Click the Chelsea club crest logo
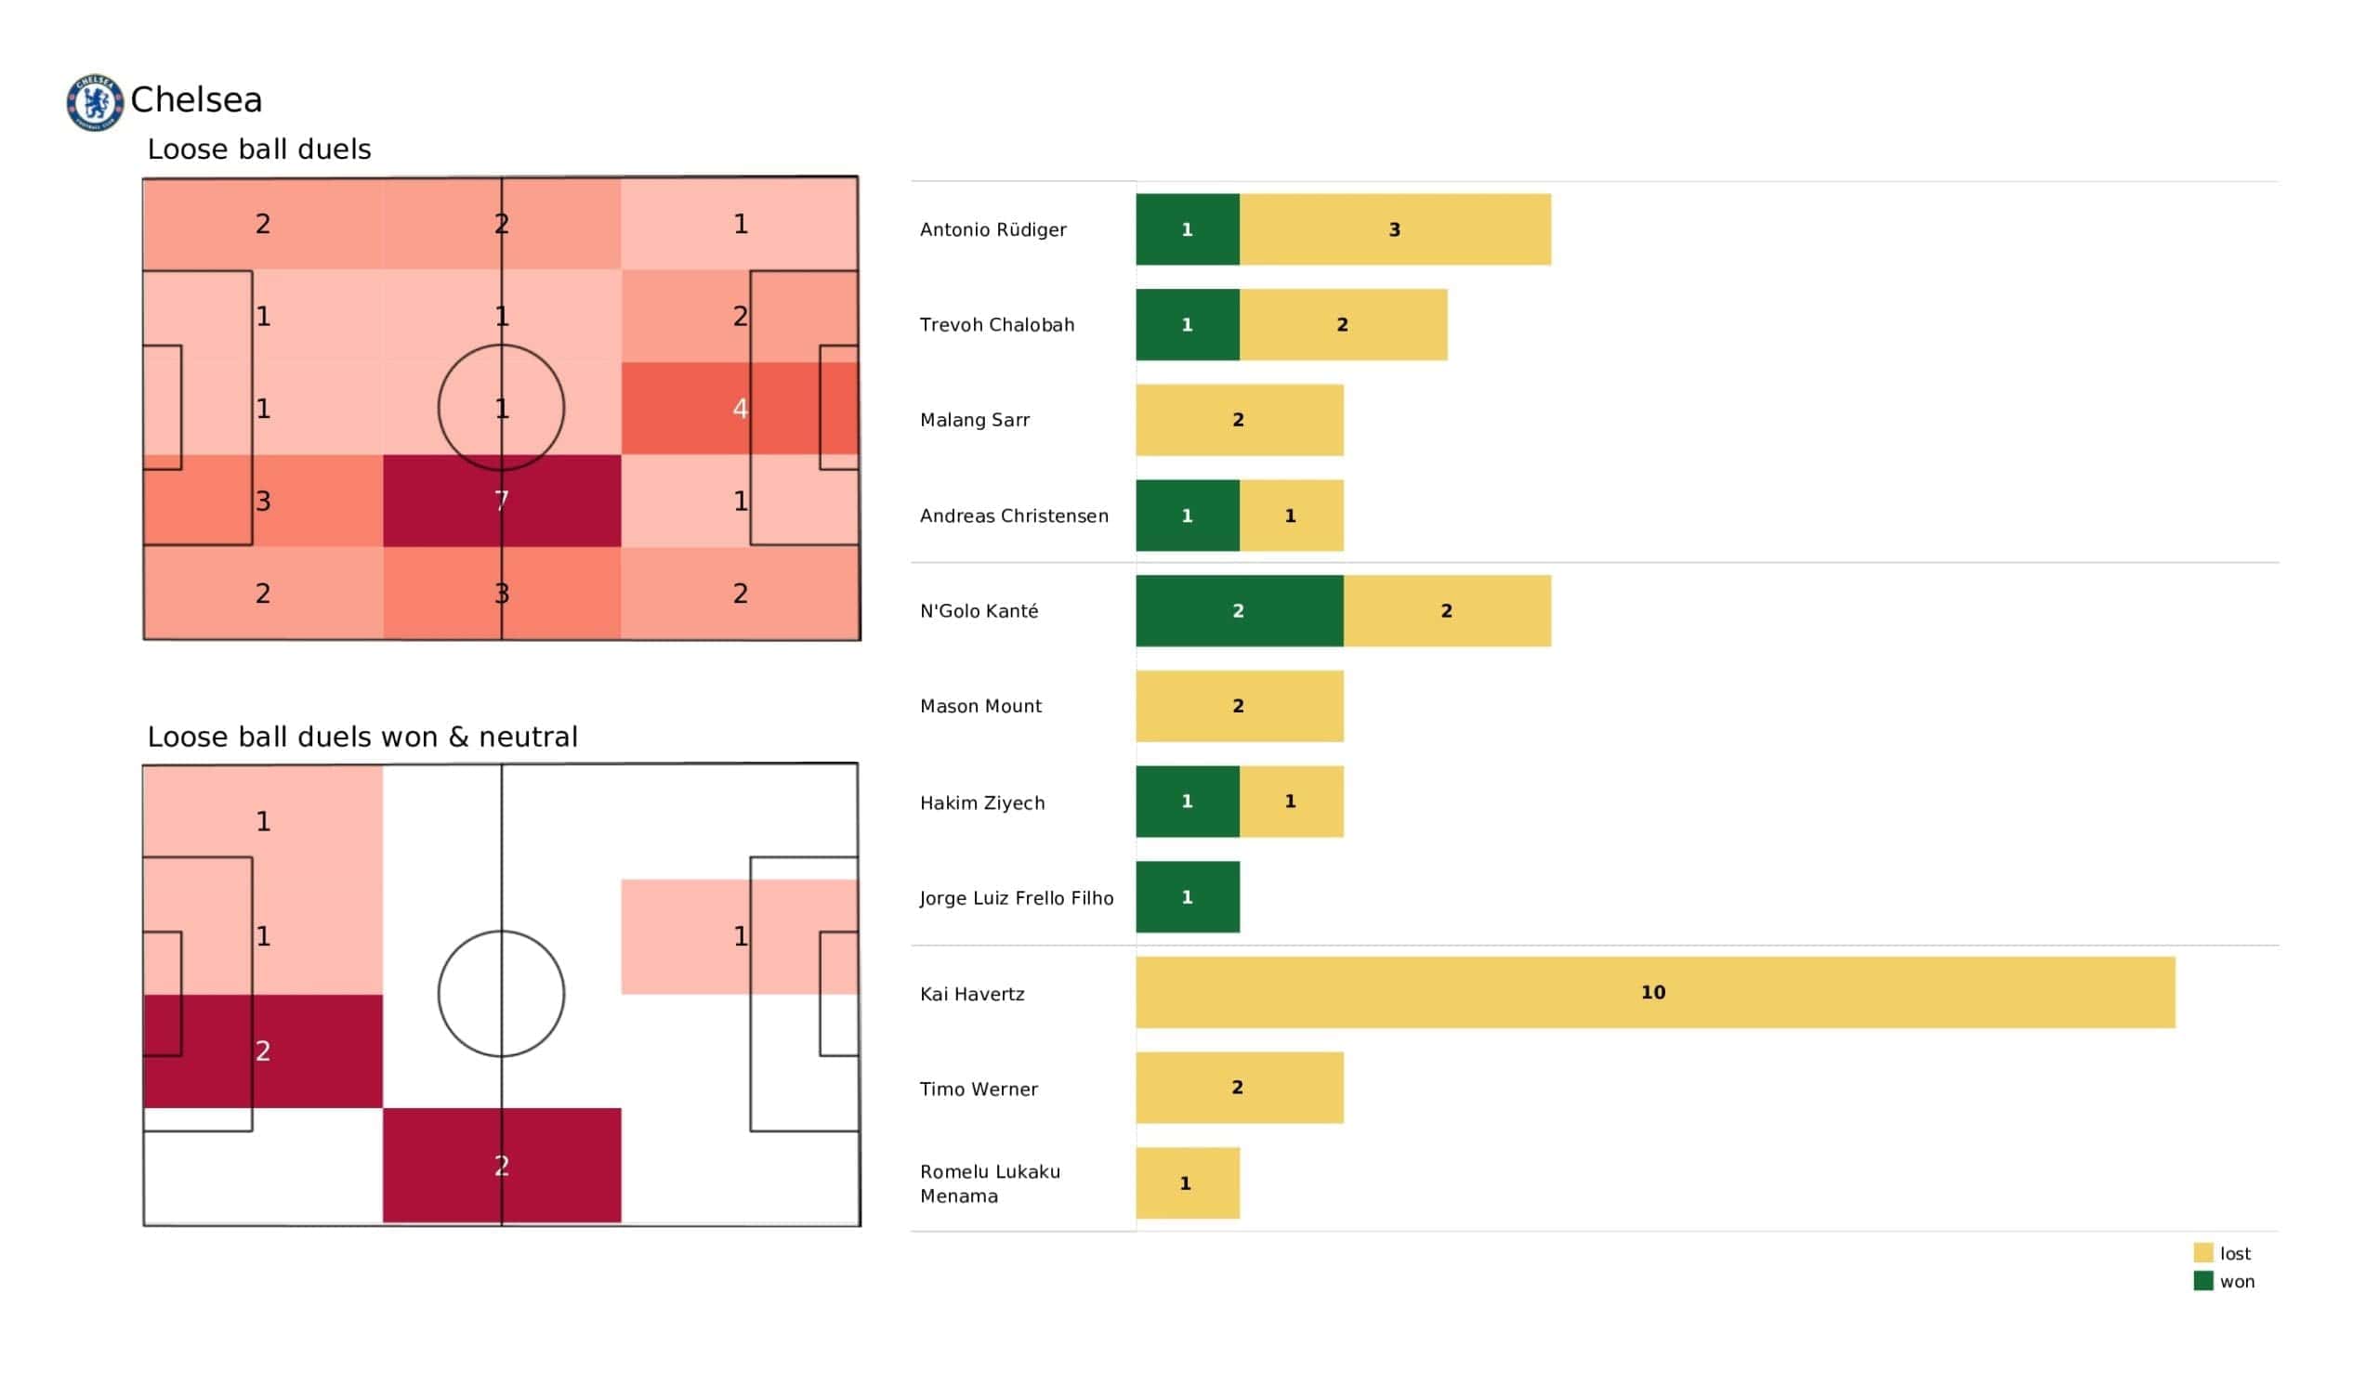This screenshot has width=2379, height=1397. [x=95, y=102]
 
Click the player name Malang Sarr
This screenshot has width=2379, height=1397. [x=974, y=420]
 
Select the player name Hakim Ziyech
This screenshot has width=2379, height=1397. [x=982, y=803]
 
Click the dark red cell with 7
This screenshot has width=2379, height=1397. [x=501, y=501]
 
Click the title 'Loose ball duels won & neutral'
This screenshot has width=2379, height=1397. [x=361, y=737]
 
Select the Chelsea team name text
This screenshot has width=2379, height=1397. [x=196, y=100]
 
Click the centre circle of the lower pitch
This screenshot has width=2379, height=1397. [x=501, y=994]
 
